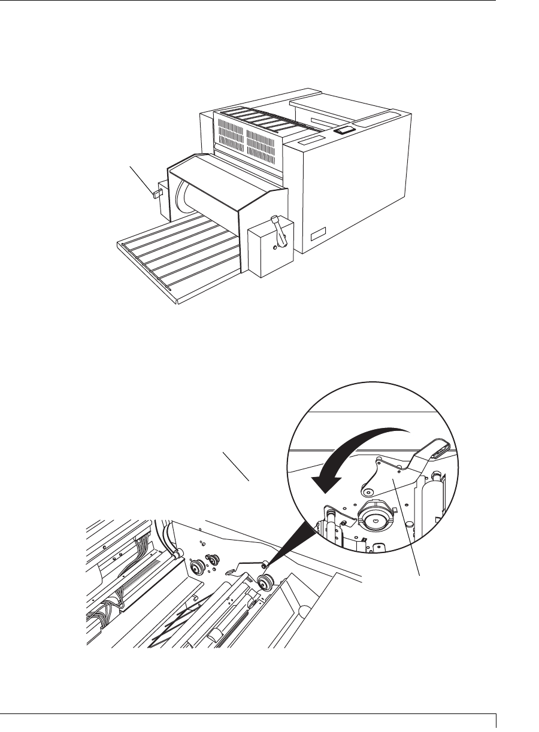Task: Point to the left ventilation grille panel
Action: (228, 135)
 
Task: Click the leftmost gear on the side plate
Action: (195, 567)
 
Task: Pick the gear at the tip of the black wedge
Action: (264, 582)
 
